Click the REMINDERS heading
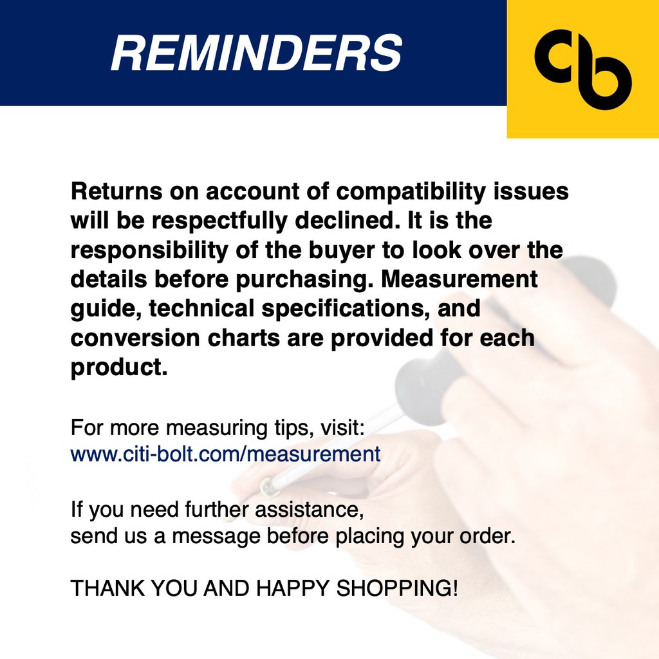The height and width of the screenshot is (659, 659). pos(256,53)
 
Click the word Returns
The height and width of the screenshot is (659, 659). pos(116,191)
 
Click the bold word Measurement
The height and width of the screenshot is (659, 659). pos(459,279)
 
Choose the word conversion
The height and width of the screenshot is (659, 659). pos(135,338)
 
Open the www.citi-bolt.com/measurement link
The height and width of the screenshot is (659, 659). pos(226,454)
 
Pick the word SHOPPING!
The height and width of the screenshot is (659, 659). pos(396,588)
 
